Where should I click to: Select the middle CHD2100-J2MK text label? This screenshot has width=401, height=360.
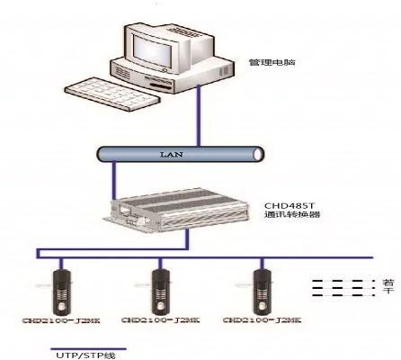[160, 320]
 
